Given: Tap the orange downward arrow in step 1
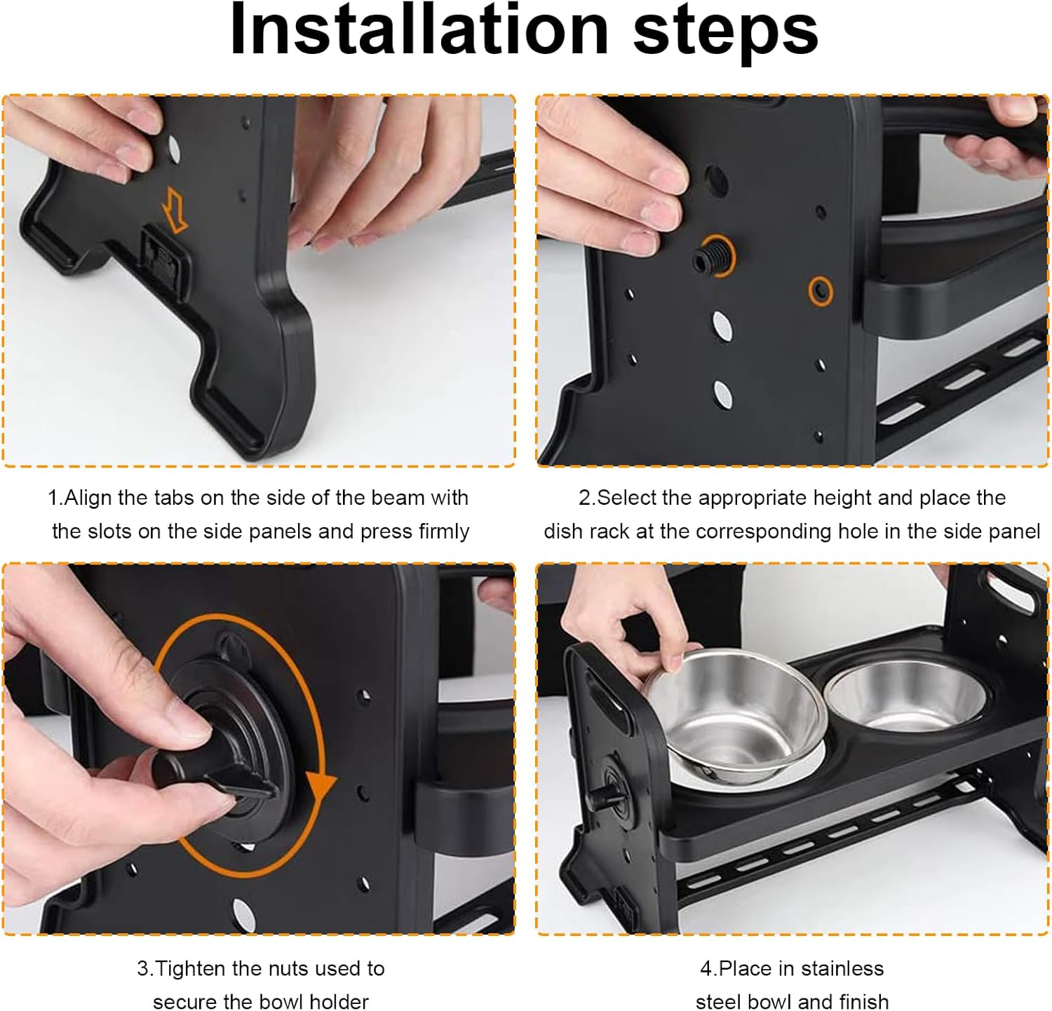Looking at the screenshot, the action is click(174, 208).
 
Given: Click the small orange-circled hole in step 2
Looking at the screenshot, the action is click(821, 290).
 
